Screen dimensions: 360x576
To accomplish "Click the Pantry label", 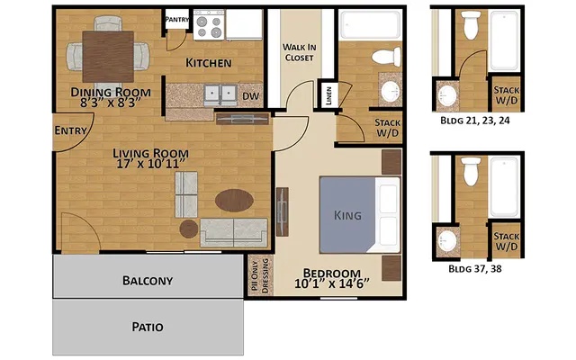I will tap(176, 18).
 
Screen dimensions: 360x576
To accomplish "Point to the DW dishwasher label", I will tap(251, 94).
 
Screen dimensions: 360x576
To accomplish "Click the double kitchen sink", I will tap(220, 94).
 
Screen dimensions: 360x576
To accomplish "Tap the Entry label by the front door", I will tap(71, 130).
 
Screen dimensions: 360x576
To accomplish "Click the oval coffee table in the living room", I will tap(233, 201).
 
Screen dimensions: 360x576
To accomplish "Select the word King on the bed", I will tap(347, 216).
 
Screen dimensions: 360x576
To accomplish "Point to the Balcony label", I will tap(148, 280).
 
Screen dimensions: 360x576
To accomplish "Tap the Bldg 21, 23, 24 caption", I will tap(477, 119).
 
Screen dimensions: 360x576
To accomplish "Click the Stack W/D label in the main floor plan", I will tap(387, 128).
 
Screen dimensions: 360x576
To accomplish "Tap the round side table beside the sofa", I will tap(188, 229).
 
